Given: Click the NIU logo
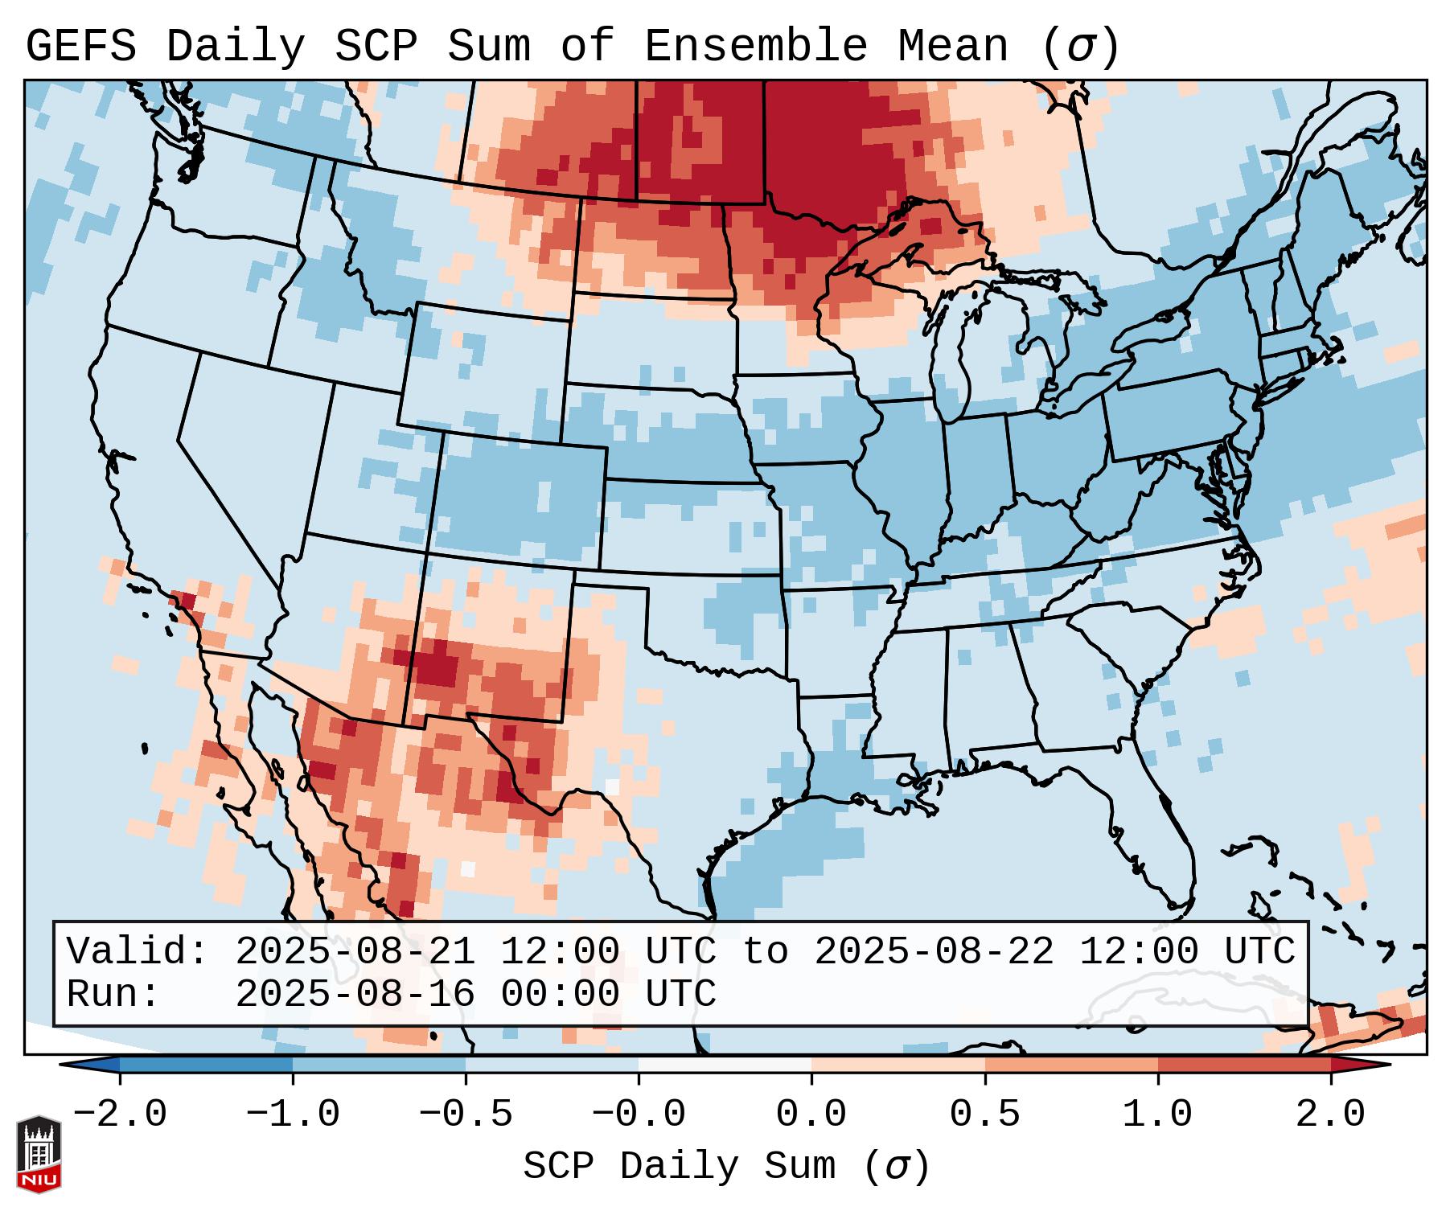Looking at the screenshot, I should [39, 1153].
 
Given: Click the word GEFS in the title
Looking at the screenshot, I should [80, 47].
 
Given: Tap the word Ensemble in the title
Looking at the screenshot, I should [756, 47].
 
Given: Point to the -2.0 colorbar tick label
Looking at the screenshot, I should [120, 1115].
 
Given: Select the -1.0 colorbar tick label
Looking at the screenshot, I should [293, 1115].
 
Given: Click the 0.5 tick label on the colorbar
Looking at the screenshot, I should [984, 1115].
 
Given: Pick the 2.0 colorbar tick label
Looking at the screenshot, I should [1330, 1115].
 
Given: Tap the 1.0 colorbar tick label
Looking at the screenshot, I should [1157, 1115].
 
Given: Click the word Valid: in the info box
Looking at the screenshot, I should [138, 951].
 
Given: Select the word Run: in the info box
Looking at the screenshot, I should [113, 994].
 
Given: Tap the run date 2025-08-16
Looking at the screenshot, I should [355, 994].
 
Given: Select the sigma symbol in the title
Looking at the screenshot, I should [1080, 47].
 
